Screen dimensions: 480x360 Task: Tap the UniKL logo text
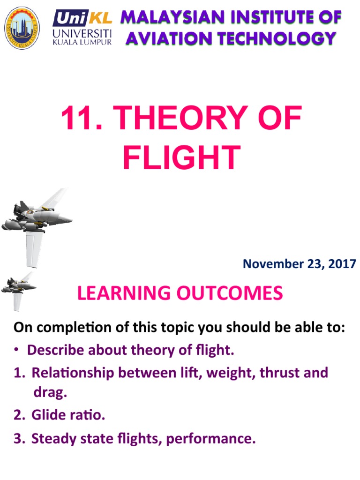tap(82, 19)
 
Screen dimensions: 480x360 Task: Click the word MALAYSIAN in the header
tap(166, 18)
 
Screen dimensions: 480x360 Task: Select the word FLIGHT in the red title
tap(181, 158)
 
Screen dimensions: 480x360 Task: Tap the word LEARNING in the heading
tap(123, 293)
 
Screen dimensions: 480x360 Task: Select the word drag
tap(50, 392)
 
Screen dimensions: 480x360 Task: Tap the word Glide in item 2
tap(47, 415)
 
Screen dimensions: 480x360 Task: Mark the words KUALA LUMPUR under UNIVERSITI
tap(82, 42)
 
